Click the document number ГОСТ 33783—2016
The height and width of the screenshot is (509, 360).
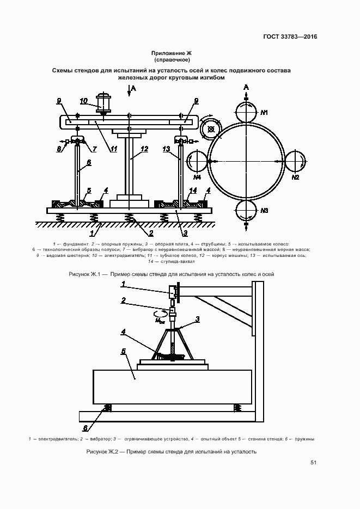point(290,36)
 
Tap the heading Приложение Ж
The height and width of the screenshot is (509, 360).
point(172,53)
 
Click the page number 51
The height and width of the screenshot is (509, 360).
point(313,463)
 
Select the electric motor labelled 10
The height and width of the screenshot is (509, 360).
point(104,103)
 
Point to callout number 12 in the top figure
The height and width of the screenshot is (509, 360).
point(144,149)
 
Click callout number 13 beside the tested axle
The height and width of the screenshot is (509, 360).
point(166,149)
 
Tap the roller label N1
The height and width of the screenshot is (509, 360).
point(264,113)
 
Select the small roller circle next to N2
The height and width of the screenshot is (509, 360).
point(295,161)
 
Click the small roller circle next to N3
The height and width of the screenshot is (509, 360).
point(246,211)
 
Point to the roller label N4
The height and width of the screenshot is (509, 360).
point(197,177)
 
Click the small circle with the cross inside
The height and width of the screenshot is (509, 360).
point(211,130)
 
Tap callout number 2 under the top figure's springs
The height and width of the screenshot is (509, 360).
point(151,233)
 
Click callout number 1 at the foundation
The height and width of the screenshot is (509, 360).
point(92,233)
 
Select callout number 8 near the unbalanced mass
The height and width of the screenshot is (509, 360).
point(59,149)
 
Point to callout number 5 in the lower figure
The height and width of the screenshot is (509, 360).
point(123,352)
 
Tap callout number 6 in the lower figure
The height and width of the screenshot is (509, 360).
point(85,428)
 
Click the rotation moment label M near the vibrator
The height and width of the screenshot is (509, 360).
point(160,321)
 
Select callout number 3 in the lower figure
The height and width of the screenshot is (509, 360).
point(197,320)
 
